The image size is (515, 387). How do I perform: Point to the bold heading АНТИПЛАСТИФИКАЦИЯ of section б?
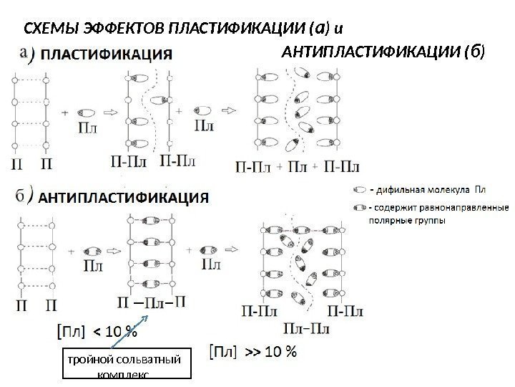click(123, 198)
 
